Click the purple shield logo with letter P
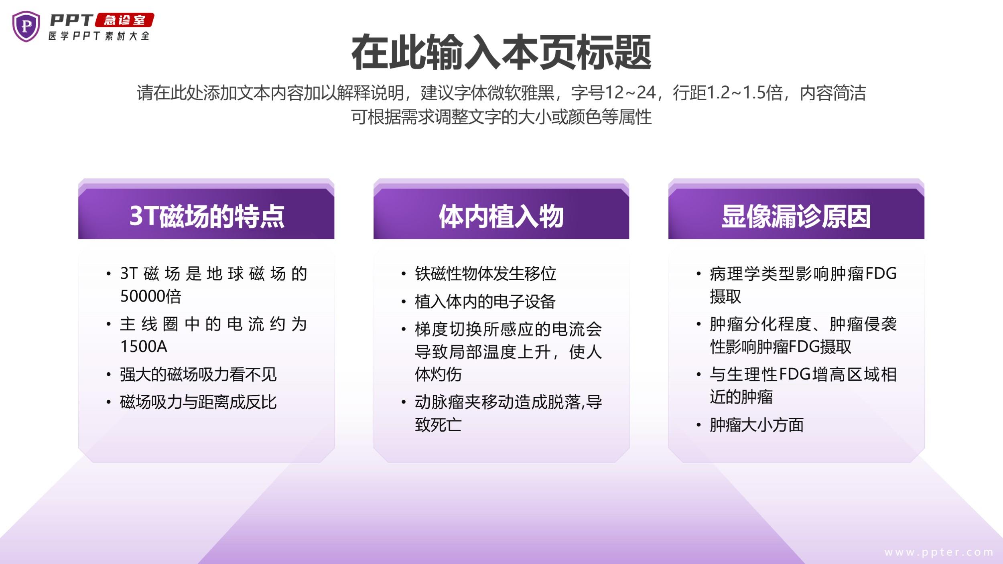[26, 26]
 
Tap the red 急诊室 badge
[124, 20]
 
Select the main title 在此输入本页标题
[501, 53]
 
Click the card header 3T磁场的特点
[207, 216]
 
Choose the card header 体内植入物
[501, 216]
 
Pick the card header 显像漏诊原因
[796, 216]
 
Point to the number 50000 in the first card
[142, 296]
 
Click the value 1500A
[144, 347]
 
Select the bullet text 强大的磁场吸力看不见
[198, 374]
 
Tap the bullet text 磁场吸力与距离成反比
[198, 402]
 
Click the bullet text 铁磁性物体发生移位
[485, 274]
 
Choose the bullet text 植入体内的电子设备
[485, 302]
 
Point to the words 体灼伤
[438, 374]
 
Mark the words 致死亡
[438, 424]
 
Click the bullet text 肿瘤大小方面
[757, 425]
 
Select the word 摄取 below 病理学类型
[725, 296]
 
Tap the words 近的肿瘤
[741, 397]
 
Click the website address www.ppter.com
[939, 552]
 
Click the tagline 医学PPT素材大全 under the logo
[99, 36]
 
